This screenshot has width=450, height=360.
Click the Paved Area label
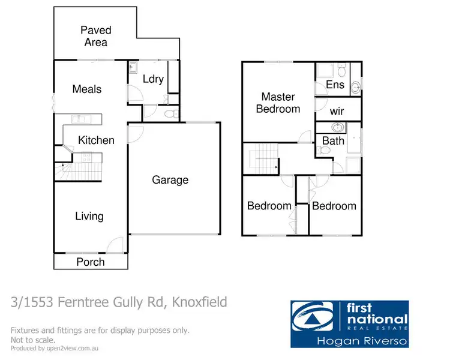pos(96,36)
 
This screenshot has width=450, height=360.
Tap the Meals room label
pos(87,89)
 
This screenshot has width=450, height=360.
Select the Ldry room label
pos(153,79)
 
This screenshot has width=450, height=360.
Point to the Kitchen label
pos(96,140)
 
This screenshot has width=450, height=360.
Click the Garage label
pos(170,179)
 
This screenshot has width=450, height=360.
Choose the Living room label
pos(89,216)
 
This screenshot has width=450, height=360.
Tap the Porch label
pos(91,262)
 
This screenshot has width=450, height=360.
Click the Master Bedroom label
pos(278,103)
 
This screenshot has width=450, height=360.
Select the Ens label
pos(335,85)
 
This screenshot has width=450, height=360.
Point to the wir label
pos(337,112)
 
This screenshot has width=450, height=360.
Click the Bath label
pos(333,141)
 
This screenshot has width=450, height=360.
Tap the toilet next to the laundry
pos(170,113)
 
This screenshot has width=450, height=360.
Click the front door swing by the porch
pos(112,245)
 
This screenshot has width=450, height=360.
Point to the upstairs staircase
pos(262,160)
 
